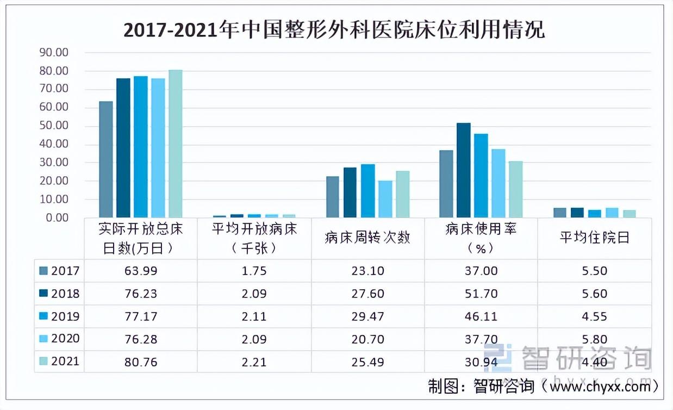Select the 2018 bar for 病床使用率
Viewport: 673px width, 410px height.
point(464,170)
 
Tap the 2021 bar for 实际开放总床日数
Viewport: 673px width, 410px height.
point(175,144)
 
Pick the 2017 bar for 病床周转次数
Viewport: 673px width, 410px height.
point(332,197)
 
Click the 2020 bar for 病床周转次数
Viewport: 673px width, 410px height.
point(385,199)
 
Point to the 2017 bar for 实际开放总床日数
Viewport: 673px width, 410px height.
point(106,159)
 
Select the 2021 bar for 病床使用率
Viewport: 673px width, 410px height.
point(515,189)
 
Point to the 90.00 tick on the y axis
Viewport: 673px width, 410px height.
point(53,53)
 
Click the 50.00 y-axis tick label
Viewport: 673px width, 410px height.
point(53,126)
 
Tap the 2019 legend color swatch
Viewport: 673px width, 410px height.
point(43,316)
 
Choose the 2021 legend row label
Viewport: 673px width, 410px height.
point(65,362)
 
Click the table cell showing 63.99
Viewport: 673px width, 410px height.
point(141,271)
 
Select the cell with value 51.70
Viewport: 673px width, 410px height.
point(481,294)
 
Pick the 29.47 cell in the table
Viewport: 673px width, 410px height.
point(367,316)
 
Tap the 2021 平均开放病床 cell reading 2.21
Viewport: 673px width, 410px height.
point(254,362)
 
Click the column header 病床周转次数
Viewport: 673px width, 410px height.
point(367,238)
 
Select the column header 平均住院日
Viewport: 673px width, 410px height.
point(594,238)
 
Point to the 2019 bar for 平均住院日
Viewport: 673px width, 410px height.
point(594,213)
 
